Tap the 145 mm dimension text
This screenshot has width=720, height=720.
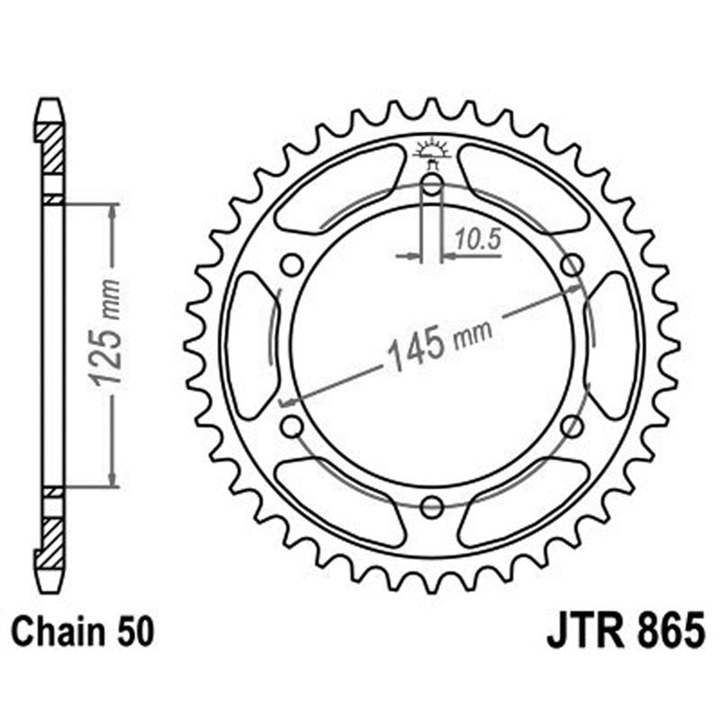point(439,345)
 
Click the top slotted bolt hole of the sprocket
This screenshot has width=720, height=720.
point(431,187)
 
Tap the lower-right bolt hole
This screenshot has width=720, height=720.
point(571,426)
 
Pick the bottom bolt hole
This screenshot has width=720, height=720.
point(431,506)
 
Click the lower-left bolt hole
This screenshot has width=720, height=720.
point(291,426)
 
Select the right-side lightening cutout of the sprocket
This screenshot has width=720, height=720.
point(612,346)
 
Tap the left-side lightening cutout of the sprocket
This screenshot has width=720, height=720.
point(251,346)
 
